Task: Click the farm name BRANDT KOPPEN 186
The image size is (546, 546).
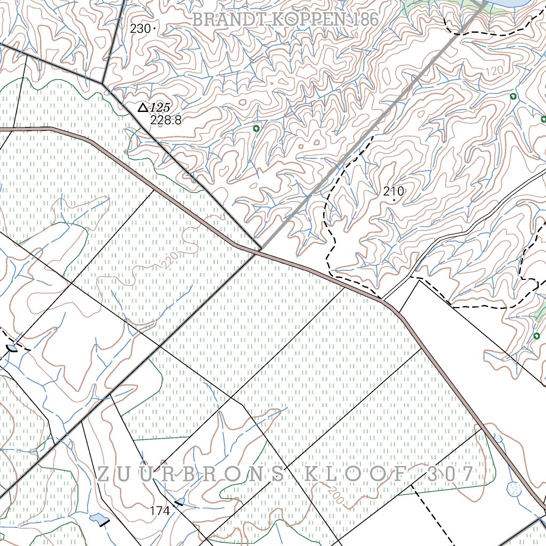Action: pos(285,20)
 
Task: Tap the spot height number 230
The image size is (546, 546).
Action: pos(140,29)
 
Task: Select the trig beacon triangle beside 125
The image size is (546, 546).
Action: pos(142,108)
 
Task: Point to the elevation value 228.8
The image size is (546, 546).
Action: pos(165,121)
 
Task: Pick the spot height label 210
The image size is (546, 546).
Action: pos(394,191)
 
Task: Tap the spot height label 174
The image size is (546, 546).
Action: pos(159,511)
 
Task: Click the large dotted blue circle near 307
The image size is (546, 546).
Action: pos(514,488)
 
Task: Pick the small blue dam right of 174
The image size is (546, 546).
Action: pos(180,502)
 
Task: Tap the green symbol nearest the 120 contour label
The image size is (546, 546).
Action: pos(513,97)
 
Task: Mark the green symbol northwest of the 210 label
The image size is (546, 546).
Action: pos(256,129)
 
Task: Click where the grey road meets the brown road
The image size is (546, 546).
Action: pos(260,251)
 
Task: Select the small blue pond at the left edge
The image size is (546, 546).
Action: pos(12,348)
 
